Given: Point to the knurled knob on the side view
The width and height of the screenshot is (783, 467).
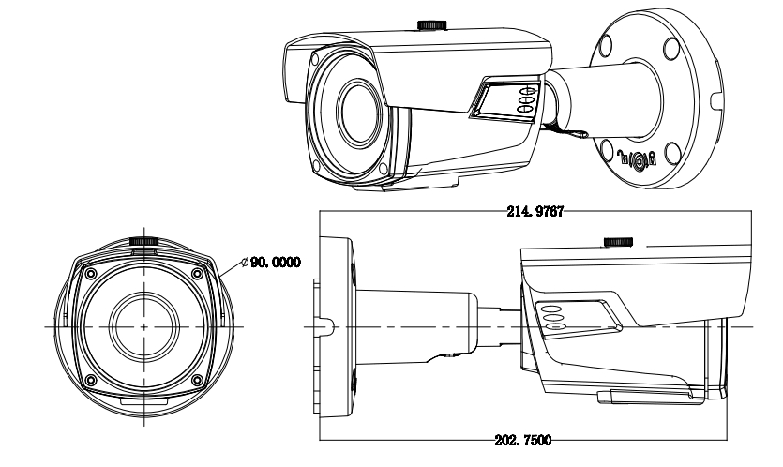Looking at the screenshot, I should tap(619, 242).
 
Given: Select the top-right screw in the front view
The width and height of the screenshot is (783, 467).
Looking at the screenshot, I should tap(196, 273).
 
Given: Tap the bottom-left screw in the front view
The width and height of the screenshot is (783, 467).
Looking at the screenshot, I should tap(90, 379).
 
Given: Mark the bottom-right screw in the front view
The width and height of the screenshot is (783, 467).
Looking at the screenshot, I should tap(196, 379).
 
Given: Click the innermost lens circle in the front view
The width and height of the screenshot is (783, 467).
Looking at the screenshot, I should tap(143, 326).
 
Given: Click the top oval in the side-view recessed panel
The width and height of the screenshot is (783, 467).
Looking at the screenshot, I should tap(552, 308).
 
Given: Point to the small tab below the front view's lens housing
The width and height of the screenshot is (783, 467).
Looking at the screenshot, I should tap(143, 399).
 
